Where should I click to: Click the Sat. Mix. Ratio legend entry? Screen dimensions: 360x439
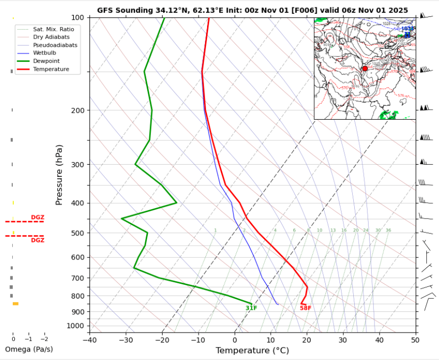pyautogui.click(x=55, y=29)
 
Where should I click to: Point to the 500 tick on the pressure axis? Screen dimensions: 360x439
pyautogui.click(x=77, y=233)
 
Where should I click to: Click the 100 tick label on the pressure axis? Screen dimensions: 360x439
pyautogui.click(x=77, y=17)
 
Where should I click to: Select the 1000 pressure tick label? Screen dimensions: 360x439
pyautogui.click(x=75, y=326)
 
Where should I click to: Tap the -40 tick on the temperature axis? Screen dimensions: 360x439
pyautogui.click(x=89, y=339)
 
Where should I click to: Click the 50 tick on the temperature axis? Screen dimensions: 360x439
pyautogui.click(x=415, y=339)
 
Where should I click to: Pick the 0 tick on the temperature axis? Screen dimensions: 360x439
pyautogui.click(x=235, y=339)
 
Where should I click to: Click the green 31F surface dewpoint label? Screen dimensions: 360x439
pyautogui.click(x=251, y=308)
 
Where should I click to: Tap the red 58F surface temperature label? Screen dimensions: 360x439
pyautogui.click(x=306, y=308)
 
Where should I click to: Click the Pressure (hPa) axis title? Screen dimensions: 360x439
pyautogui.click(x=59, y=175)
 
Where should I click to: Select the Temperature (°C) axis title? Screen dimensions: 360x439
pyautogui.click(x=252, y=350)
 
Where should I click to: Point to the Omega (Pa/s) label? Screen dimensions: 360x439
pyautogui.click(x=29, y=349)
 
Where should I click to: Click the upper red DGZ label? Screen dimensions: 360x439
pyautogui.click(x=38, y=217)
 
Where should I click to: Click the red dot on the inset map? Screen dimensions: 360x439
pyautogui.click(x=365, y=69)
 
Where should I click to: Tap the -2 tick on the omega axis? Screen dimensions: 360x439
pyautogui.click(x=44, y=339)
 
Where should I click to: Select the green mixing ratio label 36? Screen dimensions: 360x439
pyautogui.click(x=388, y=230)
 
